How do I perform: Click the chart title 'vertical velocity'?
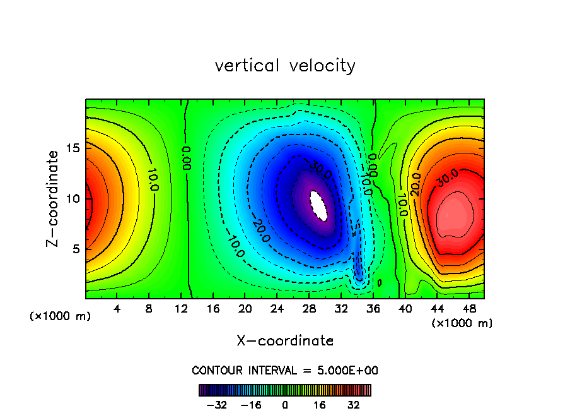tap(285, 66)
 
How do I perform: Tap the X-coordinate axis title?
tap(285, 341)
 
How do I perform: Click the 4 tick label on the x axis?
tap(117, 309)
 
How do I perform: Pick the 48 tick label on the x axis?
tap(468, 309)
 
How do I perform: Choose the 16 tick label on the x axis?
tap(212, 309)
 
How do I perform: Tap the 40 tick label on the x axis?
tap(404, 309)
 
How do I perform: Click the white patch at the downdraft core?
tap(320, 206)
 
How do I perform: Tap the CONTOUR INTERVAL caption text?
tap(285, 370)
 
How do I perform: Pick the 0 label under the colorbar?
tap(285, 405)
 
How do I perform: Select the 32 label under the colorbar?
tap(353, 405)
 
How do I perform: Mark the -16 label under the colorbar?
tap(251, 405)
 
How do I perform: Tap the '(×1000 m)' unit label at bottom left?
tap(60, 316)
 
